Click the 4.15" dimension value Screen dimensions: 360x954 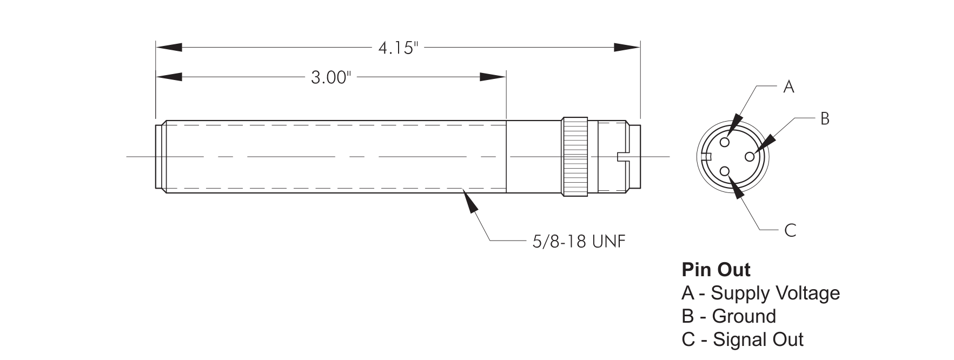click(x=398, y=48)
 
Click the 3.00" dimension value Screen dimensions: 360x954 click(x=331, y=78)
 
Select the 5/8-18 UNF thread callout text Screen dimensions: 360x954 click(x=579, y=241)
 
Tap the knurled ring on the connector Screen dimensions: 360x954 click(x=575, y=156)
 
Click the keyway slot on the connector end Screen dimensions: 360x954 click(x=624, y=157)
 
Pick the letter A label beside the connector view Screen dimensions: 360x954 click(x=789, y=87)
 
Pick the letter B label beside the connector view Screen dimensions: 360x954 click(x=825, y=118)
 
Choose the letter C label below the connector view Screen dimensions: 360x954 click(x=790, y=231)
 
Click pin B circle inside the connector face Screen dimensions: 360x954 click(x=750, y=157)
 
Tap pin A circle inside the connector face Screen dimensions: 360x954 click(x=725, y=142)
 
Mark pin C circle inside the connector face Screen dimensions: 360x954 click(x=726, y=172)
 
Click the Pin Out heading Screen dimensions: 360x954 click(x=716, y=269)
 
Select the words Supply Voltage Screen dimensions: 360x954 click(x=775, y=293)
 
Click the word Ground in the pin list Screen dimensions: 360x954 click(x=744, y=316)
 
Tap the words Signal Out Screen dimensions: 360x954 click(x=758, y=339)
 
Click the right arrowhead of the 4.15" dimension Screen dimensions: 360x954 click(x=627, y=48)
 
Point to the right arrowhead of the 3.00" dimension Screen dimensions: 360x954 click(x=493, y=77)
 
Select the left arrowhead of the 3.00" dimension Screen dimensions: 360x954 click(x=169, y=77)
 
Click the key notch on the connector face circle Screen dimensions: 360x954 click(x=706, y=157)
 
